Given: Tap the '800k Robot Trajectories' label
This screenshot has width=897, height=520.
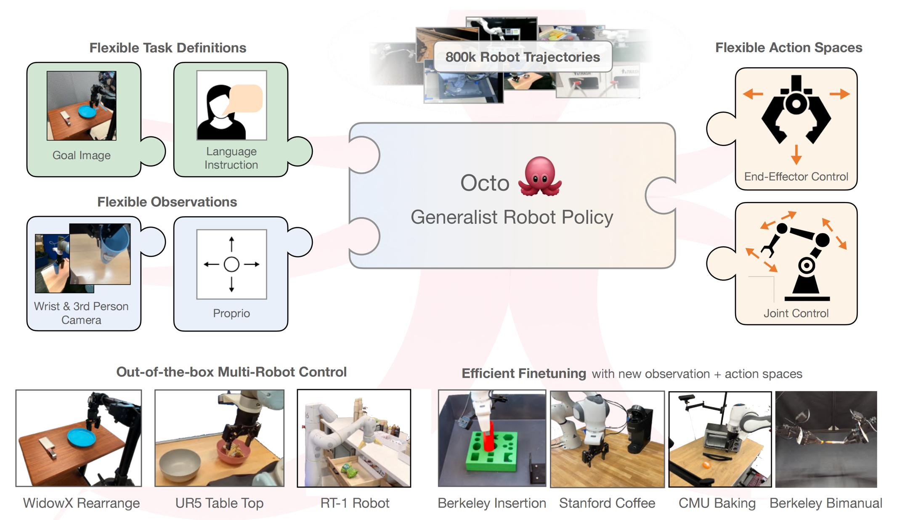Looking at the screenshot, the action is pyautogui.click(x=523, y=57).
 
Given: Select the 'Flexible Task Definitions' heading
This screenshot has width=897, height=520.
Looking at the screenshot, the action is pyautogui.click(x=168, y=48).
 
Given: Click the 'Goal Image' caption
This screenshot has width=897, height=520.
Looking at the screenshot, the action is pyautogui.click(x=82, y=155).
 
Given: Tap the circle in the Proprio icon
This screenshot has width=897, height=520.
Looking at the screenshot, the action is pyautogui.click(x=231, y=264).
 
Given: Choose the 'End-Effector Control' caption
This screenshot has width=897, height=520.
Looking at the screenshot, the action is pyautogui.click(x=796, y=177).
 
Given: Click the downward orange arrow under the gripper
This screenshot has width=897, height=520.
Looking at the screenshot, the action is pyautogui.click(x=796, y=154).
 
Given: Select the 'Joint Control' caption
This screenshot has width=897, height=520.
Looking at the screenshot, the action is pyautogui.click(x=796, y=313).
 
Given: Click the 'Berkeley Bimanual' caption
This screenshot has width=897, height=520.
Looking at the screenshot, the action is pyautogui.click(x=826, y=503).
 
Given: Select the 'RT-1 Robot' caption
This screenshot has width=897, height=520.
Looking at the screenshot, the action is pyautogui.click(x=355, y=503).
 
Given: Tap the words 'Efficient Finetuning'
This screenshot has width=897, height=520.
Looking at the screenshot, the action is pyautogui.click(x=524, y=374).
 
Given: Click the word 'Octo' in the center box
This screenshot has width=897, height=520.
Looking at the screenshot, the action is pyautogui.click(x=485, y=183).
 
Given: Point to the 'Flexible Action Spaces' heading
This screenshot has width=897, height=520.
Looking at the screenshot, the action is pyautogui.click(x=789, y=48).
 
